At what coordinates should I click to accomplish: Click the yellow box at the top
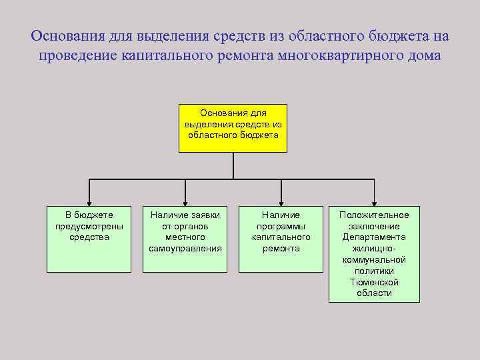coord(233,128)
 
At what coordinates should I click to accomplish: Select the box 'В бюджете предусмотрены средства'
coord(89,239)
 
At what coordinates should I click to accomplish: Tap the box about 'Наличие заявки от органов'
coord(185,239)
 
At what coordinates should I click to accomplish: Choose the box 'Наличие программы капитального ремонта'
coord(281,239)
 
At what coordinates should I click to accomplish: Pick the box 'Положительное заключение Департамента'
coord(374,254)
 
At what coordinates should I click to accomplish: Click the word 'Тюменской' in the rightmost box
coord(374,282)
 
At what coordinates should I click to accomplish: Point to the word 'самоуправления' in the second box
coord(185,248)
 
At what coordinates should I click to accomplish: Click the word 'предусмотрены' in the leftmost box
coord(89,225)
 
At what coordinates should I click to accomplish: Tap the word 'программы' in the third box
coord(281,225)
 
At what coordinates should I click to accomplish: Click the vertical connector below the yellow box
coord(233,165)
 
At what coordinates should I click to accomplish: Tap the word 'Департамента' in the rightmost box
coord(374,237)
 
